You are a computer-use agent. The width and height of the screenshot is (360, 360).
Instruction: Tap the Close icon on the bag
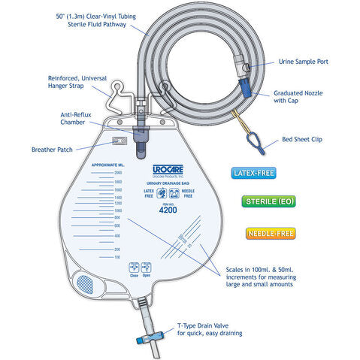tap(134, 268)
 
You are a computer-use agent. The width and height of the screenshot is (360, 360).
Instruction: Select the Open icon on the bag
tap(147, 268)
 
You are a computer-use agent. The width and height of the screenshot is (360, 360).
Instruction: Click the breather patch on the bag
tap(116, 140)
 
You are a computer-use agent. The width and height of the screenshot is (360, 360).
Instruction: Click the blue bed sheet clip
tap(250, 139)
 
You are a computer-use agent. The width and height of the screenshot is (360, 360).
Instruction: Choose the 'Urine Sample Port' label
tap(304, 61)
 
